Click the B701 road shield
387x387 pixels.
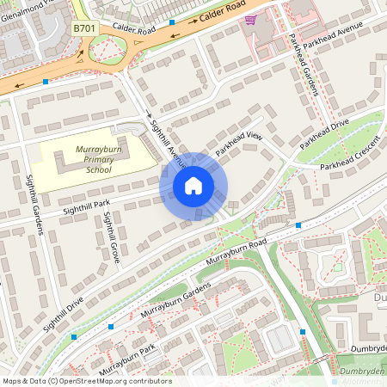click(x=83, y=29)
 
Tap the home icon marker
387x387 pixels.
click(x=193, y=186)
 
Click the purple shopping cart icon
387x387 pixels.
click(x=250, y=19)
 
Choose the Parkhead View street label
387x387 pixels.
click(x=238, y=143)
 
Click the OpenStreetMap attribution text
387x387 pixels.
click(x=86, y=381)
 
